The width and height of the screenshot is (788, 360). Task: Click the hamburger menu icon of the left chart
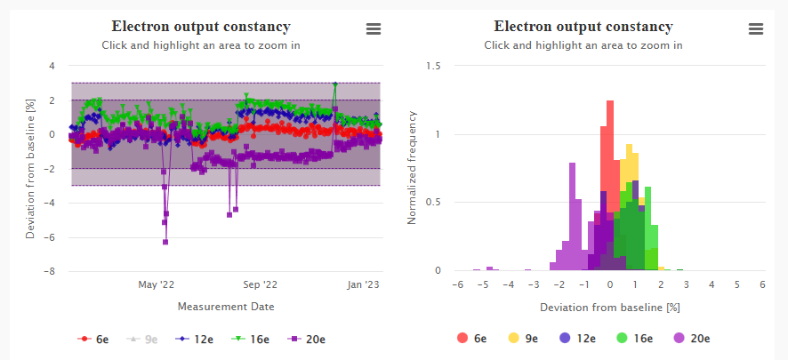374,29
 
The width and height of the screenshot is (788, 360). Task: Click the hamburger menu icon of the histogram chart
756,29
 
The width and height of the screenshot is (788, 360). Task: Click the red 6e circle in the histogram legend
462,338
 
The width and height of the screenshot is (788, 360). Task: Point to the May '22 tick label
157,285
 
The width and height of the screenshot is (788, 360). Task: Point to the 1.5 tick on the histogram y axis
434,66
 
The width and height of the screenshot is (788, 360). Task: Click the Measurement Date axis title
226,307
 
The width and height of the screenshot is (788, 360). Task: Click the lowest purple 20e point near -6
165,242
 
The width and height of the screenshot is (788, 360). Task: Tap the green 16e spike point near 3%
335,84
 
